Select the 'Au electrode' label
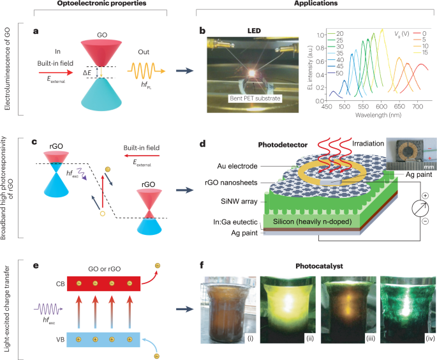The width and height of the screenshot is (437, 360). coord(224,166)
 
